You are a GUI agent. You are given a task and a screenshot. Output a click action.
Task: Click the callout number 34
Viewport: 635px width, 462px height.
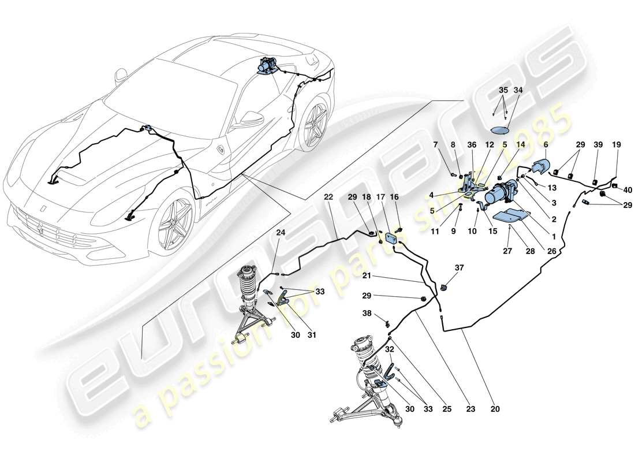[x=518, y=90]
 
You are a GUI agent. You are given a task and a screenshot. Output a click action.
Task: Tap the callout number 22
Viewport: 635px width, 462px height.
[x=328, y=197]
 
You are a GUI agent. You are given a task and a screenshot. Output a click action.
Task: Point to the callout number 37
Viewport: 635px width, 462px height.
[x=459, y=267]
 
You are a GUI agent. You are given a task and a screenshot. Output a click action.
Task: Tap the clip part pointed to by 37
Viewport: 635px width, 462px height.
[x=445, y=286]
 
